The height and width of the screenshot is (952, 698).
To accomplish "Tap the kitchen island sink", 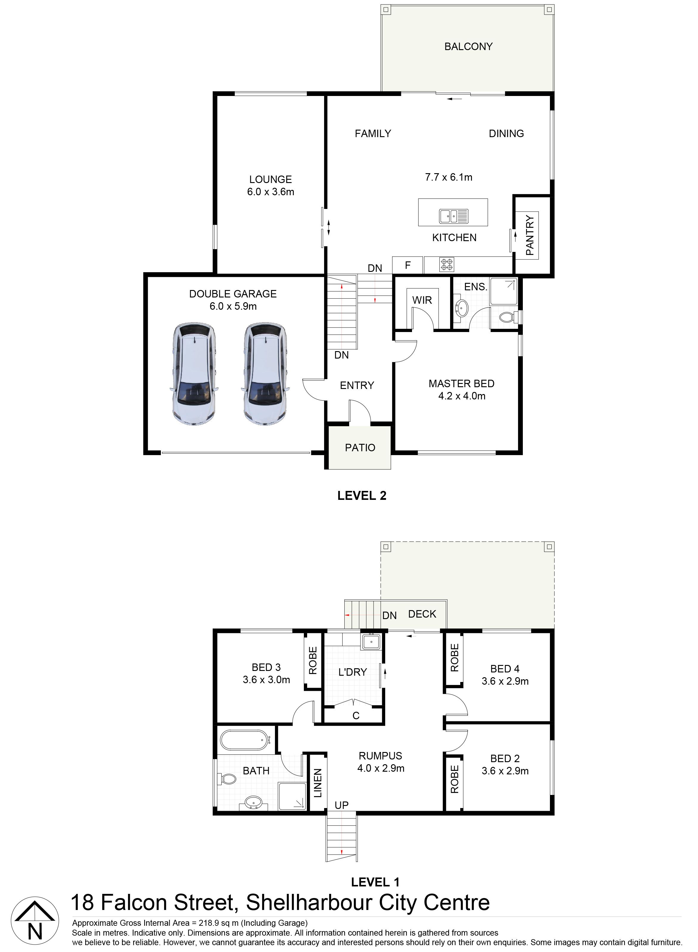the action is tap(453, 216).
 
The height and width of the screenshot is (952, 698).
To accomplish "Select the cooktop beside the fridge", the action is tap(447, 265).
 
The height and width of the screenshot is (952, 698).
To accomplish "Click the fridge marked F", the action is tap(408, 265).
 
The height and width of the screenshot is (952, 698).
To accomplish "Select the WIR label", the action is tap(422, 300).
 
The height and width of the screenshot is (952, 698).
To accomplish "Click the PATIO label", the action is tap(360, 448).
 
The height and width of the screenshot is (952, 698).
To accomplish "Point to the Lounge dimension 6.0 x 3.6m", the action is tap(271, 192).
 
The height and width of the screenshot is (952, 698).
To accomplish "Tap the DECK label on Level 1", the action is tap(422, 614).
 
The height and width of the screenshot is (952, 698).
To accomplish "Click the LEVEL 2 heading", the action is tap(362, 495).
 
